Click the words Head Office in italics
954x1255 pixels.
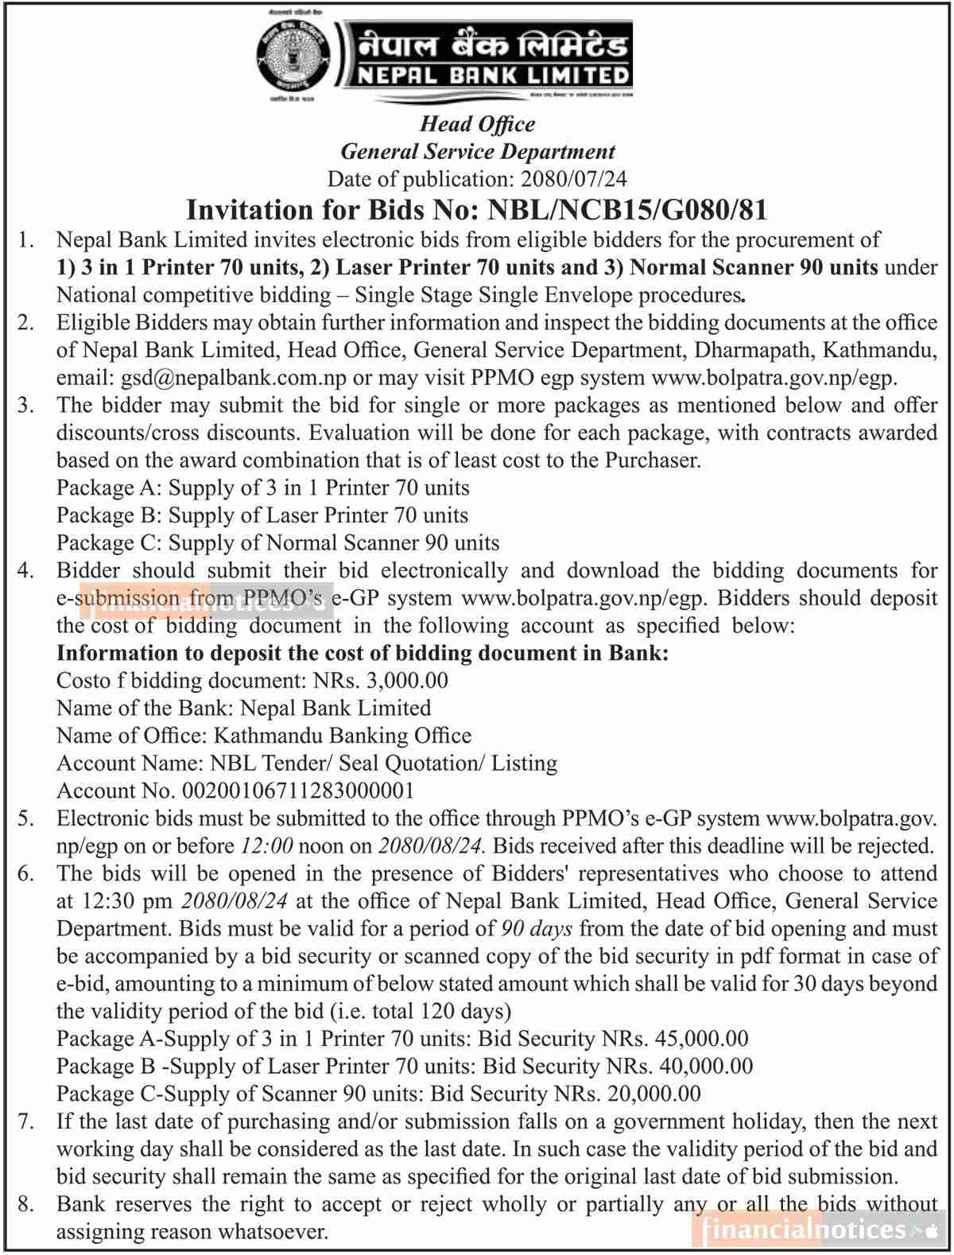[x=477, y=124]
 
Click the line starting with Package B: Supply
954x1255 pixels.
[x=262, y=515]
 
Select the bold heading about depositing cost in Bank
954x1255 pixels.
[x=363, y=653]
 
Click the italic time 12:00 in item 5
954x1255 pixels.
[x=266, y=845]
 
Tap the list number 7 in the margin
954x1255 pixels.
[x=25, y=1121]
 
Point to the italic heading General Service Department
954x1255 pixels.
[x=478, y=151]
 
